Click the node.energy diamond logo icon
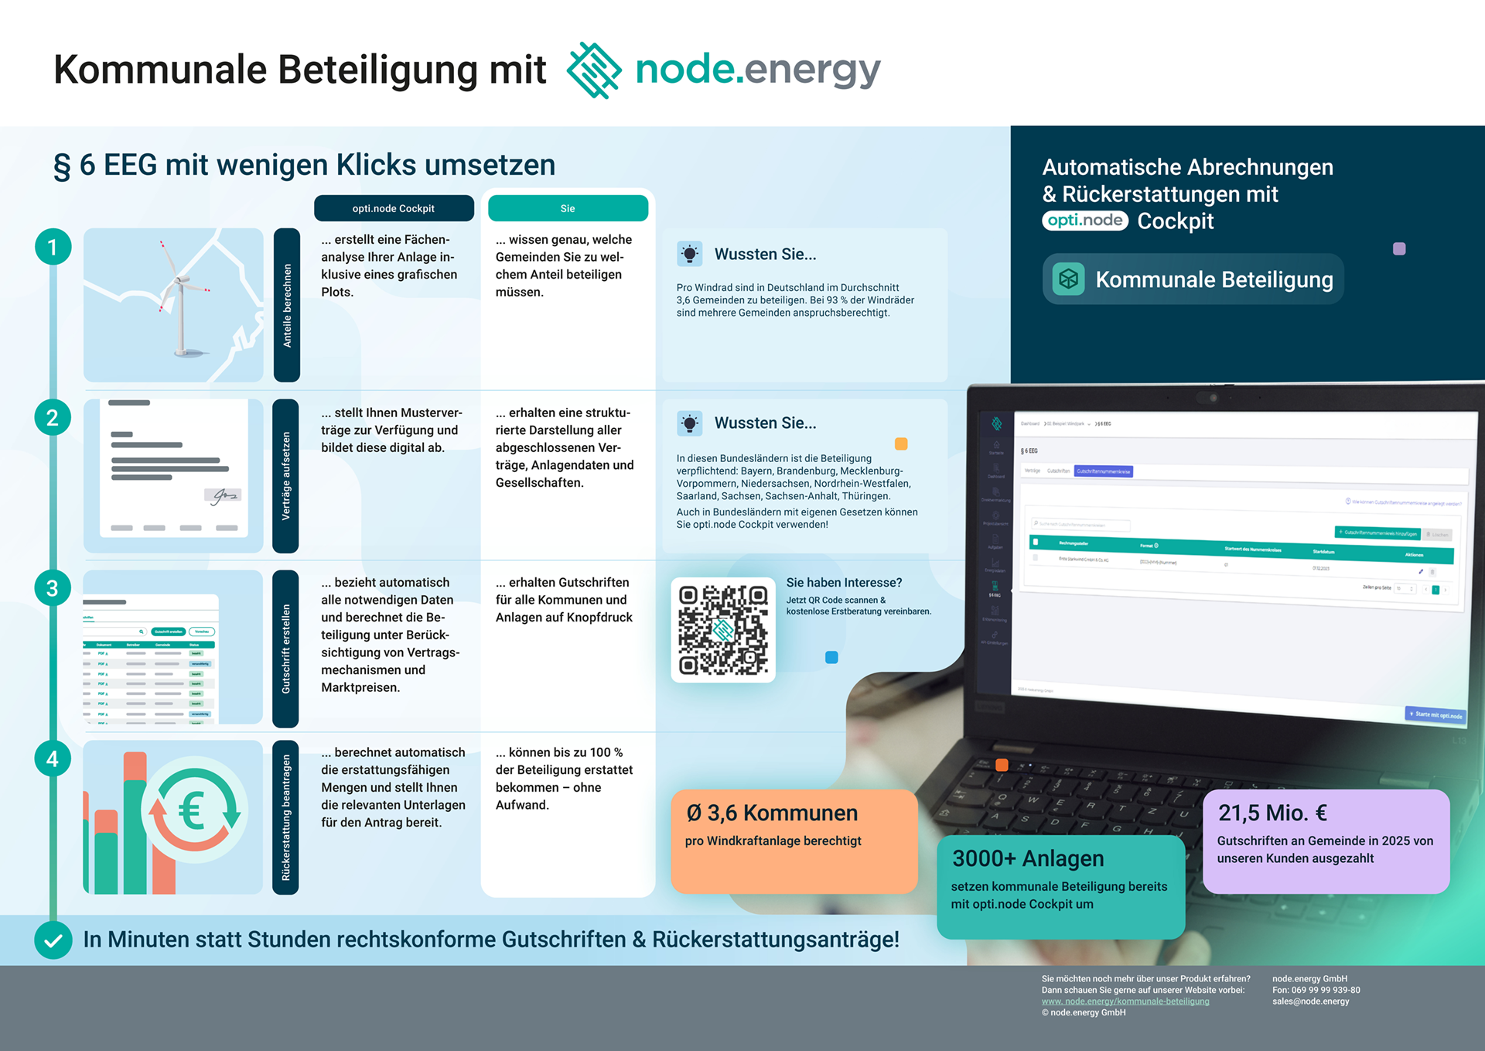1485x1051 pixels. (594, 70)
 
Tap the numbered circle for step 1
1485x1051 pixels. (53, 247)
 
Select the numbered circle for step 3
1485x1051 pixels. (53, 588)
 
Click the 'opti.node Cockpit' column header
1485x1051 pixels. (394, 208)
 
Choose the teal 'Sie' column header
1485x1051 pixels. (568, 208)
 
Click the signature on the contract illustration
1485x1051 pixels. (224, 495)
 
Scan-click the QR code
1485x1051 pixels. (723, 629)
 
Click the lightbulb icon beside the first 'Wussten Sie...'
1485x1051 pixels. (689, 254)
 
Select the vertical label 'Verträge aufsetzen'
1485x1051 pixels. (286, 475)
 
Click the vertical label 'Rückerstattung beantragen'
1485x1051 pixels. (286, 817)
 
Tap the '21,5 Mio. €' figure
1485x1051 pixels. (1272, 813)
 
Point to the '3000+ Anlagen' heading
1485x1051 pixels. (1028, 858)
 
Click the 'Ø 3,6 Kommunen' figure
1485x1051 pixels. (772, 813)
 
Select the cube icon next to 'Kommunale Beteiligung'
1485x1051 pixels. (1068, 279)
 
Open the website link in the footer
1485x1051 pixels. (1125, 1001)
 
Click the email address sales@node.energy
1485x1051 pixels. (1310, 1001)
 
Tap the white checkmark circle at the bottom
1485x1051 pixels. (53, 940)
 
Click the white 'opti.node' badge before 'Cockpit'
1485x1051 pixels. (1085, 221)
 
